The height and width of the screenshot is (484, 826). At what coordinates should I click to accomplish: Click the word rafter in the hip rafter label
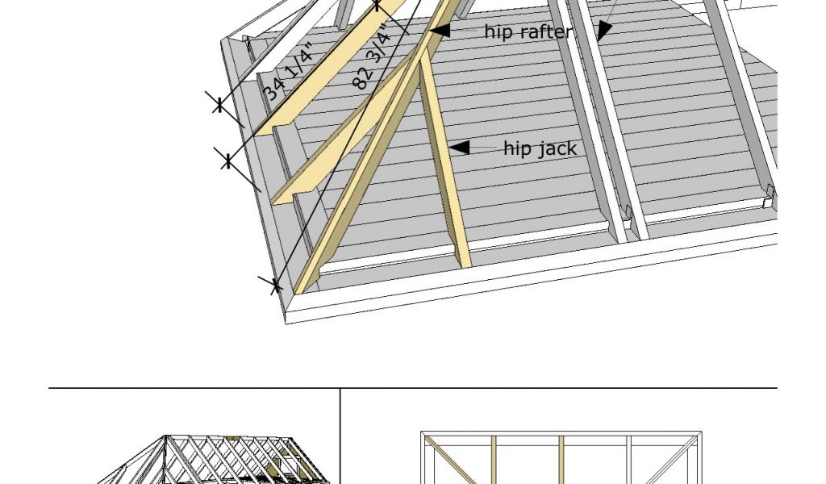[x=544, y=31]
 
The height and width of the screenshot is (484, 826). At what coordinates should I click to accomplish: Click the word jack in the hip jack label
[x=556, y=148]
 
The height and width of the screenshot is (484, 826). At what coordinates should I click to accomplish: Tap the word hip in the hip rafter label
[x=498, y=31]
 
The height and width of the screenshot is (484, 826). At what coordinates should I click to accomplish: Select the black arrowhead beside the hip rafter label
[x=440, y=31]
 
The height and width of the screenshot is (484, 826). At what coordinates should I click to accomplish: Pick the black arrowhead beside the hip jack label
[x=458, y=148]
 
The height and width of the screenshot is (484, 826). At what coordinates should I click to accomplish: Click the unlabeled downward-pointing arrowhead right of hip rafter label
[x=603, y=31]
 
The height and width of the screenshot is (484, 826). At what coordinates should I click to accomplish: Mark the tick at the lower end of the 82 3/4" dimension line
[x=274, y=285]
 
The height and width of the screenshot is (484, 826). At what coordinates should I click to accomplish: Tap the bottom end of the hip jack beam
[x=464, y=263]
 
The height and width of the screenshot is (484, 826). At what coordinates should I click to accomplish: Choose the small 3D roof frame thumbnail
[x=211, y=459]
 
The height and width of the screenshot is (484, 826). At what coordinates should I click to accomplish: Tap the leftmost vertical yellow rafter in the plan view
[x=494, y=460]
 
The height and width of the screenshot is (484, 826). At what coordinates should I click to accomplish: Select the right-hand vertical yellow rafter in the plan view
[x=561, y=460]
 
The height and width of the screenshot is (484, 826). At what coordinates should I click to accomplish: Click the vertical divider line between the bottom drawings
[x=340, y=436]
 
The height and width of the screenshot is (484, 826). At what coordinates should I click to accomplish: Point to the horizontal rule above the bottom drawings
[x=413, y=388]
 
